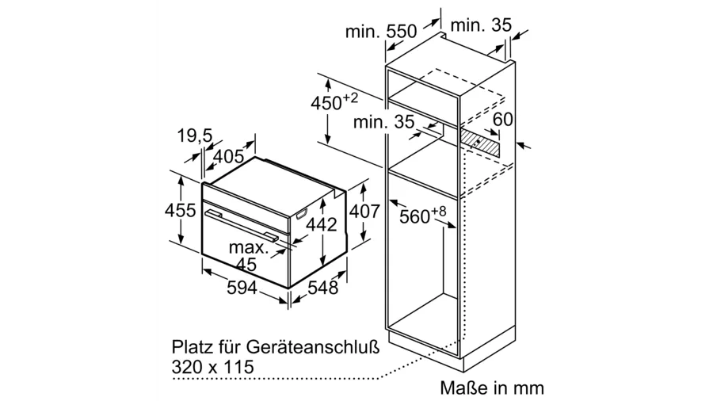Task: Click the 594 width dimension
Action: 241,288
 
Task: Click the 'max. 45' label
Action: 247,255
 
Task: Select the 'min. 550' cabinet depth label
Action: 380,32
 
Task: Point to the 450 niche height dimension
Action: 334,103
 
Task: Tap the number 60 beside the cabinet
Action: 503,120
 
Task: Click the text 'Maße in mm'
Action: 492,388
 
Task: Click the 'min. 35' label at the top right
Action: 481,25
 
